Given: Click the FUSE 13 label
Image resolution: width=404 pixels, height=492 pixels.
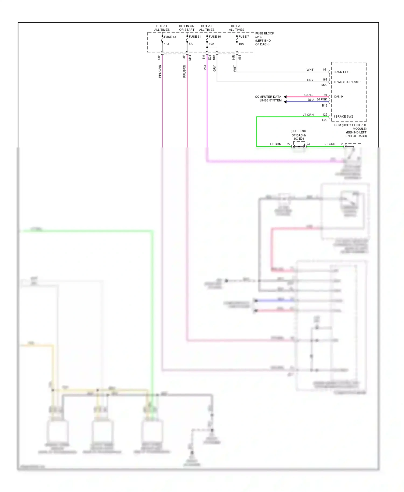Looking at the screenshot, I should [170, 37].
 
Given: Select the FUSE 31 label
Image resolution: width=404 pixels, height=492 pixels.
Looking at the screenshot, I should [195, 37].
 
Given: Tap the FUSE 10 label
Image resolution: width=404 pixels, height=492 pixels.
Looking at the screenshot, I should [215, 37].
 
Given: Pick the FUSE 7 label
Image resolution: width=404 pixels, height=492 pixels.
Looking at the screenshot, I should [244, 37].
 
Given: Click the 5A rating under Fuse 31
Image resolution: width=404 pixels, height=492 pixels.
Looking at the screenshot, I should [191, 44].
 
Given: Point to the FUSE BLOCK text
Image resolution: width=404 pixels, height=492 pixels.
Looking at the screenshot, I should [264, 33].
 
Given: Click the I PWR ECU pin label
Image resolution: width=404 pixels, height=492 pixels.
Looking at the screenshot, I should [342, 72].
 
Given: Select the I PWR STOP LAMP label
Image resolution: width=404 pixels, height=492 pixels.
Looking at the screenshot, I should [347, 82].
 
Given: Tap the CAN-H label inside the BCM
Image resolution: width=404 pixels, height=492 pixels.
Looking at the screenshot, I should [339, 96].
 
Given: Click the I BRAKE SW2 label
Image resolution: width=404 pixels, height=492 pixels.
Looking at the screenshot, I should [343, 117].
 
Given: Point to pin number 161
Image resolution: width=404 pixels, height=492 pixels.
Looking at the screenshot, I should [325, 70].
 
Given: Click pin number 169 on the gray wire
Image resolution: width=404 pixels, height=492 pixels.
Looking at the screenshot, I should [325, 80].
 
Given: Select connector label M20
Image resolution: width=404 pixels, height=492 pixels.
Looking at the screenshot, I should [324, 85].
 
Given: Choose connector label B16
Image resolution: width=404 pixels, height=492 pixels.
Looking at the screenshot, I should [325, 106].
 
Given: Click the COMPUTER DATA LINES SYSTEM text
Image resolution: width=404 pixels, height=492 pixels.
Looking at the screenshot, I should [268, 99].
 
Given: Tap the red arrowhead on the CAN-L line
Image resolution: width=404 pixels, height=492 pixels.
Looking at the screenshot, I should [285, 97].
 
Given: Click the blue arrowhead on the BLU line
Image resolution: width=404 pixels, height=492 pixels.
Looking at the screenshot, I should [285, 102].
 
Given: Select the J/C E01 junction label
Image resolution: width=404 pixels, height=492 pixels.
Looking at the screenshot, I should [299, 139].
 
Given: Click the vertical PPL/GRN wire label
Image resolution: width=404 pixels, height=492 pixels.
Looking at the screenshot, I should [159, 71].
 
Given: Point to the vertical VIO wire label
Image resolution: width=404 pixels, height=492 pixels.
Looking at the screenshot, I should [205, 68].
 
